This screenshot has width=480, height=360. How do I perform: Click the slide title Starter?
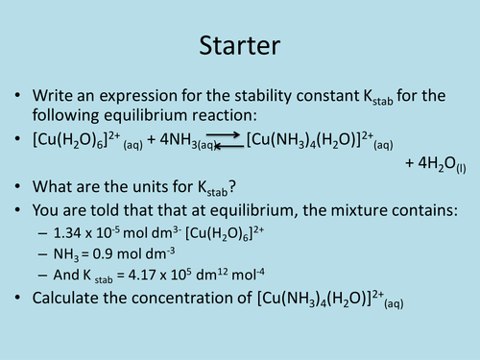pyautogui.click(x=239, y=44)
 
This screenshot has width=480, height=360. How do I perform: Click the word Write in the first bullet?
pyautogui.click(x=55, y=96)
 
